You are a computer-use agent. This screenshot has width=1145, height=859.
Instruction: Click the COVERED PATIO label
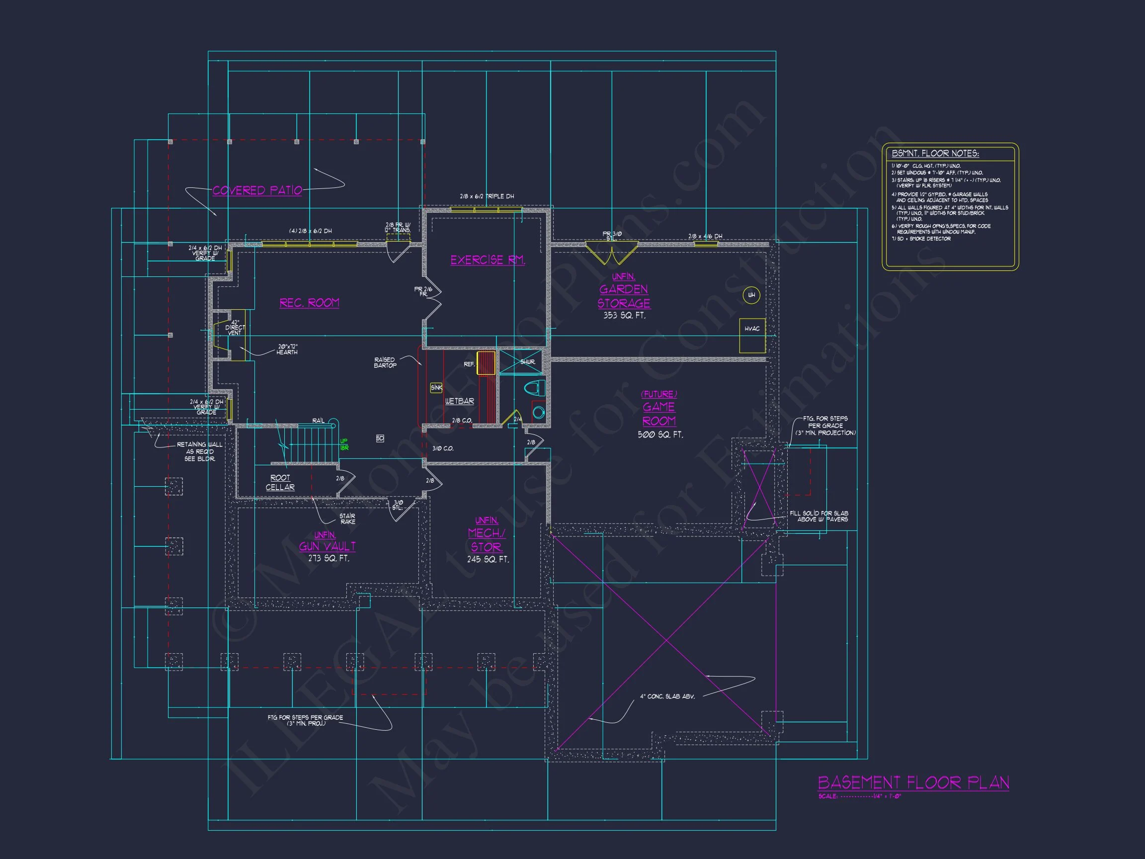coord(257,190)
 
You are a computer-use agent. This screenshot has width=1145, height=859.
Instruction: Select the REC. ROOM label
coord(310,303)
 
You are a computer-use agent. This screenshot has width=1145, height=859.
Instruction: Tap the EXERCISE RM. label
coord(488,260)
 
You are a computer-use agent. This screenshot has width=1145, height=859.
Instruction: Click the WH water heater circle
coord(751,295)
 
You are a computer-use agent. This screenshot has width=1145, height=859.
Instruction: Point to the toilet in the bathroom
coord(534,388)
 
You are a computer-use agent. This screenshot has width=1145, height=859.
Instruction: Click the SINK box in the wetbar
coord(436,388)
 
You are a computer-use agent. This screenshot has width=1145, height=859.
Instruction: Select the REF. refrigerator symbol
coord(486,363)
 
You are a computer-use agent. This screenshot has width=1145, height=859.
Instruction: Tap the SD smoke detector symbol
coord(380,438)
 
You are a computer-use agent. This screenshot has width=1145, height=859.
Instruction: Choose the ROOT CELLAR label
coord(280,483)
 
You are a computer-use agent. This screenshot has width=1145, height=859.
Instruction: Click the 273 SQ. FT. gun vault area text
coord(328,559)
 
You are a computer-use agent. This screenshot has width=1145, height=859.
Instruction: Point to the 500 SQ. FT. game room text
coord(660,435)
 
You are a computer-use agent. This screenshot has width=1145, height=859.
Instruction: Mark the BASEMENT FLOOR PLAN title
coord(913,782)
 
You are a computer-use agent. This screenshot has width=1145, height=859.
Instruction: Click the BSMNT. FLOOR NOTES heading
coord(935,153)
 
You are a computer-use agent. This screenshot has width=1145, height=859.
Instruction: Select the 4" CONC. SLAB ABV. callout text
coord(667,696)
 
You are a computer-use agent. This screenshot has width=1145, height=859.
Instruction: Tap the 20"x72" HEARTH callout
coord(287,349)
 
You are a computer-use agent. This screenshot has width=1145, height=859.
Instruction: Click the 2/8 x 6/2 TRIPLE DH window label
coord(487,197)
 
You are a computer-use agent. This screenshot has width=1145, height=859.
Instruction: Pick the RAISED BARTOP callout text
coord(385,362)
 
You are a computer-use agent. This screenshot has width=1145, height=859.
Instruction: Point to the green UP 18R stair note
coord(344,445)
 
